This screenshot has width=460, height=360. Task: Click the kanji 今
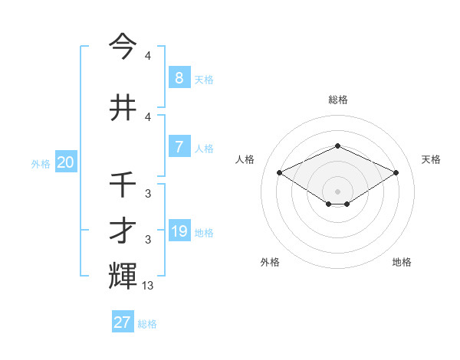tap(123, 47)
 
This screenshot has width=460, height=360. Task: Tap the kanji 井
tap(123, 106)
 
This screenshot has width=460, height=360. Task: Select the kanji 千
tap(123, 185)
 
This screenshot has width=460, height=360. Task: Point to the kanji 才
tap(123, 231)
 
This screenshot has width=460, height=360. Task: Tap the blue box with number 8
tap(179, 77)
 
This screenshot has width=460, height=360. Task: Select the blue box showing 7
tap(179, 146)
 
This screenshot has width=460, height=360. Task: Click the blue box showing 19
tap(179, 231)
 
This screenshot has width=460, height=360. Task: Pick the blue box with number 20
tap(66, 162)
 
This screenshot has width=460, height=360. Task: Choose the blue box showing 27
tap(123, 322)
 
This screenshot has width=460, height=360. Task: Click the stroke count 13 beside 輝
tap(148, 285)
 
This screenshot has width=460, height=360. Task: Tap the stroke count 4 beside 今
tap(147, 56)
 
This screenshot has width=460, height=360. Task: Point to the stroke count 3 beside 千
tap(147, 194)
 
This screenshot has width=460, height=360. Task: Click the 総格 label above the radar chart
tap(338, 100)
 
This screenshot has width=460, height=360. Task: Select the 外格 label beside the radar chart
tap(270, 262)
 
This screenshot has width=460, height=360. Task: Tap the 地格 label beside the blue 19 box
tap(205, 232)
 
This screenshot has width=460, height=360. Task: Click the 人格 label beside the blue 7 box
tap(205, 148)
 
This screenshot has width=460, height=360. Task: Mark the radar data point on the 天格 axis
tap(396, 172)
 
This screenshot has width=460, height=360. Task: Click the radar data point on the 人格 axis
tap(279, 172)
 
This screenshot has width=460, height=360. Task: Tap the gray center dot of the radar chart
tap(338, 191)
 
